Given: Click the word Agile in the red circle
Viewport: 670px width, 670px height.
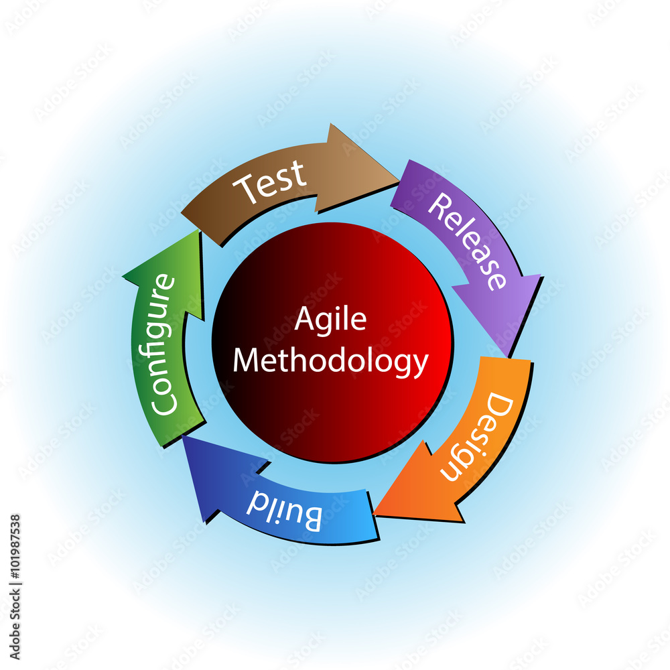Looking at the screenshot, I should (331, 320).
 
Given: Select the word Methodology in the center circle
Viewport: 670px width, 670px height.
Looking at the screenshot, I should (330, 361).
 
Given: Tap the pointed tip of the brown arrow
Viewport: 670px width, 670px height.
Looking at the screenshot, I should (398, 177).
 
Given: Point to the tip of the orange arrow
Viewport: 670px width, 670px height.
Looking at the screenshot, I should (374, 515).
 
